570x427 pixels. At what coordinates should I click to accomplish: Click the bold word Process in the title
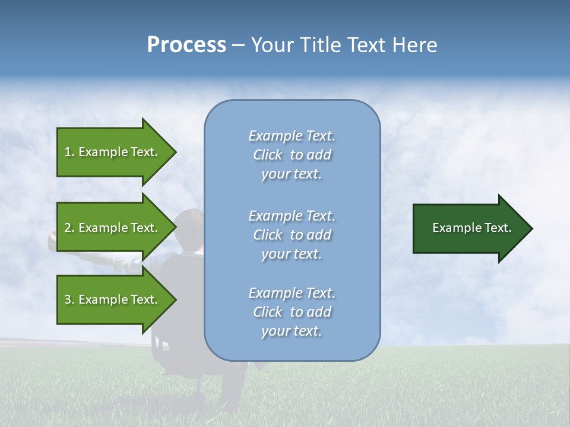[x=186, y=45]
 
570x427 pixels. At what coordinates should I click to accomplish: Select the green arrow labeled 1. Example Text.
[x=113, y=152]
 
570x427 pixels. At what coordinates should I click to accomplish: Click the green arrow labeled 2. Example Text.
[x=113, y=228]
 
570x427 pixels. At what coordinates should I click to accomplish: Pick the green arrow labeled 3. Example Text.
[x=113, y=299]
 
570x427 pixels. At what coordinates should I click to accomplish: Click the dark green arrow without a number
[x=469, y=228]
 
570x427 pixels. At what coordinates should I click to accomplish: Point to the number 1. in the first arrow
[x=69, y=152]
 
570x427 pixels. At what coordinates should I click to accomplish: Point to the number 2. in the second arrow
[x=69, y=228]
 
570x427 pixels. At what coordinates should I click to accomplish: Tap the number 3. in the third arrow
[x=69, y=299]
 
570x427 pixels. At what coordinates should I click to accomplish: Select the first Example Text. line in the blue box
[x=292, y=136]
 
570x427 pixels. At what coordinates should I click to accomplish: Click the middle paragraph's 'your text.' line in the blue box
[x=292, y=254]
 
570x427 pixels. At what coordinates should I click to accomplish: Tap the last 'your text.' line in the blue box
[x=292, y=331]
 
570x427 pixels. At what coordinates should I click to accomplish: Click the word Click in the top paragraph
[x=267, y=155]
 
